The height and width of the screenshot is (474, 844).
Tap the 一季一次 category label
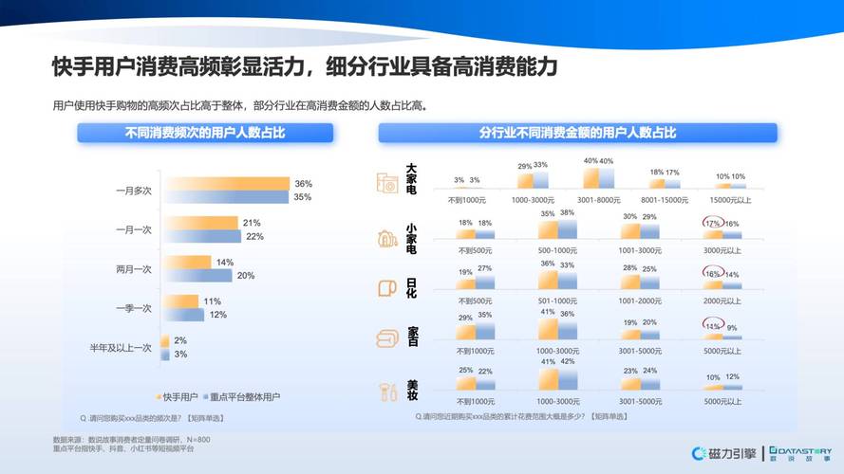(x=133, y=308)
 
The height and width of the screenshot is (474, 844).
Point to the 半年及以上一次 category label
(x=120, y=347)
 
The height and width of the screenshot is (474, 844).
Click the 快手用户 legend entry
(x=180, y=395)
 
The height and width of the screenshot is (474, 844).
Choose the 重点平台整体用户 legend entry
(x=245, y=395)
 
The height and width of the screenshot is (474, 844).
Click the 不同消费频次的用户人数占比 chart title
(x=206, y=133)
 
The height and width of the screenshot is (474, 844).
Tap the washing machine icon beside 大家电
(x=386, y=183)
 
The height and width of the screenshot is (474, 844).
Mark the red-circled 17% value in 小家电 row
(x=712, y=224)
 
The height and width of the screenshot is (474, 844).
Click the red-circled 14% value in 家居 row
(x=712, y=325)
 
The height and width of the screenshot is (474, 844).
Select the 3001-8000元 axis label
(x=597, y=200)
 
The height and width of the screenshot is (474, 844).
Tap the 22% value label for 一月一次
(x=254, y=236)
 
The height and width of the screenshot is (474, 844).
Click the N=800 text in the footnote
(x=198, y=439)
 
